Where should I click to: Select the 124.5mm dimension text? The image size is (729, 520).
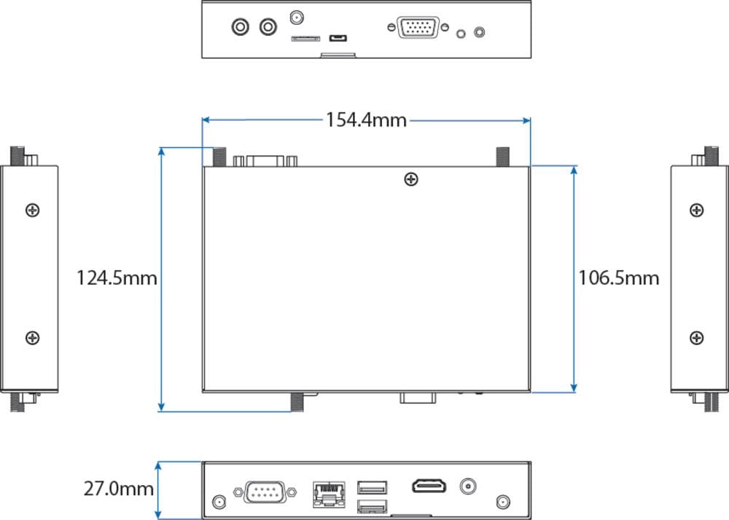[117, 277]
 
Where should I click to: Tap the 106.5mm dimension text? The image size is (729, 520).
[619, 277]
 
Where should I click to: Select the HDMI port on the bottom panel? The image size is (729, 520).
[430, 486]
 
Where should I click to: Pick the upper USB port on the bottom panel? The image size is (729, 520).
[373, 486]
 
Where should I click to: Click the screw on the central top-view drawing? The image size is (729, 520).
[412, 178]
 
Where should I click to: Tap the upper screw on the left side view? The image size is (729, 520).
[32, 210]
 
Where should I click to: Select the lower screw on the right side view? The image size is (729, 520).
[697, 338]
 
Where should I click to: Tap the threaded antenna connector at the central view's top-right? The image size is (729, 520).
[502, 157]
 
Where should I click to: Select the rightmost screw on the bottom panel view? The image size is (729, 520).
[502, 502]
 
